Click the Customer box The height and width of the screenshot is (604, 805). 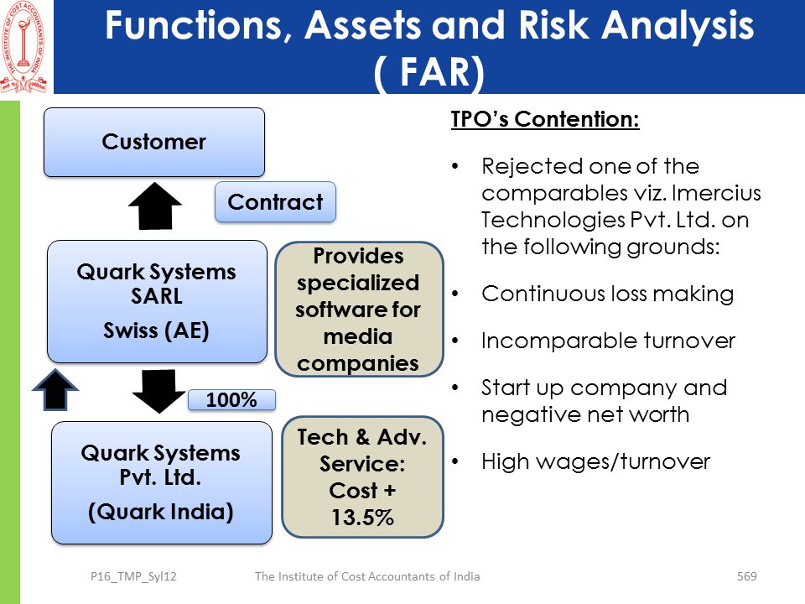pyautogui.click(x=154, y=142)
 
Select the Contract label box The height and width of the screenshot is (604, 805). pyautogui.click(x=275, y=202)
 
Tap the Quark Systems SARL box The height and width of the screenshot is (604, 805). pyautogui.click(x=156, y=301)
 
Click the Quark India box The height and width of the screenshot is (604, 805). pyautogui.click(x=161, y=482)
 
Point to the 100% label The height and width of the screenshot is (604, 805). pyautogui.click(x=231, y=400)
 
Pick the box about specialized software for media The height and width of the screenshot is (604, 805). pyautogui.click(x=358, y=310)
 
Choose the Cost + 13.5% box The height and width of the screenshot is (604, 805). pyautogui.click(x=361, y=476)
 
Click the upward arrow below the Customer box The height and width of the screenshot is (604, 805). pyautogui.click(x=154, y=206)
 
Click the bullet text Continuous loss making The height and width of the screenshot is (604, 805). pyautogui.click(x=607, y=294)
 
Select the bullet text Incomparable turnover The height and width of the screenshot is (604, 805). pyautogui.click(x=608, y=341)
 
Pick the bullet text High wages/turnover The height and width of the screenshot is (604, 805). pyautogui.click(x=595, y=461)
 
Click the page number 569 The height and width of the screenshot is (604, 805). pyautogui.click(x=746, y=576)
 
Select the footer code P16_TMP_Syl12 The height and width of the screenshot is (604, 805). pyautogui.click(x=133, y=576)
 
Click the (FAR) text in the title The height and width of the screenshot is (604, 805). pyautogui.click(x=428, y=74)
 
